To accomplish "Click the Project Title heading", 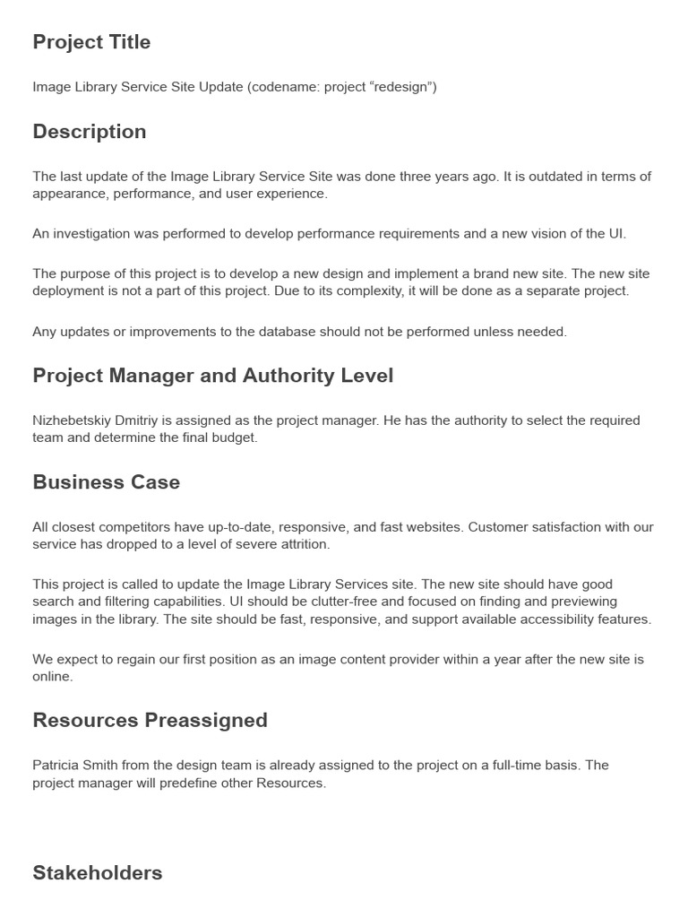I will click(x=91, y=42).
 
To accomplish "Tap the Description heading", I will click(x=90, y=132).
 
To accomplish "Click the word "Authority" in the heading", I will click(x=288, y=376).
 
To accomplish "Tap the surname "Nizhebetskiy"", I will click(x=73, y=420).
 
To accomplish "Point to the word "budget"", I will click(x=238, y=437).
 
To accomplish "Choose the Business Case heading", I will click(x=106, y=482).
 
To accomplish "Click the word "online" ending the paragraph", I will click(x=52, y=676).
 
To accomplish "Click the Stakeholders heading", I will click(x=97, y=873).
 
